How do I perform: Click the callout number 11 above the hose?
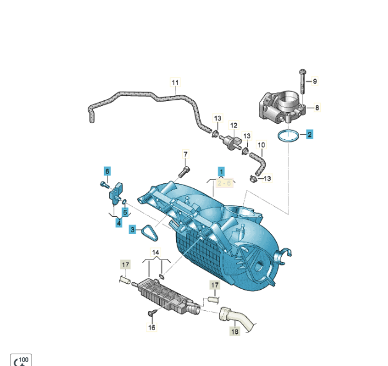pos(175,82)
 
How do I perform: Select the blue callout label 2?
pos(310,134)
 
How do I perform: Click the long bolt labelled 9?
pos(303,82)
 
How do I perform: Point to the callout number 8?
pos(317,108)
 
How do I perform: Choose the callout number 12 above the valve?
pos(234,126)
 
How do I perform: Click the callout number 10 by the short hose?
pos(261,145)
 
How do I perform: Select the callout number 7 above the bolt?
pos(185,154)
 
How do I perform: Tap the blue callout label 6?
pos(107,171)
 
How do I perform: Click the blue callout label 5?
pos(125,212)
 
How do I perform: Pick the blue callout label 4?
pos(119,223)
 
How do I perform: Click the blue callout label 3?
pos(132,230)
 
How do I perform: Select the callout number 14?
pos(156,253)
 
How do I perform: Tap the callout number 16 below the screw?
pos(151,328)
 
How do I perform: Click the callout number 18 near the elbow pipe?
pos(235,331)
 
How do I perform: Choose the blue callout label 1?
pos(221,172)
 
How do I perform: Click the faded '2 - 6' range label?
pos(224,183)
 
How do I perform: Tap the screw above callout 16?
pos(152,313)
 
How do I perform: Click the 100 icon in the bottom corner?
pos(21,360)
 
